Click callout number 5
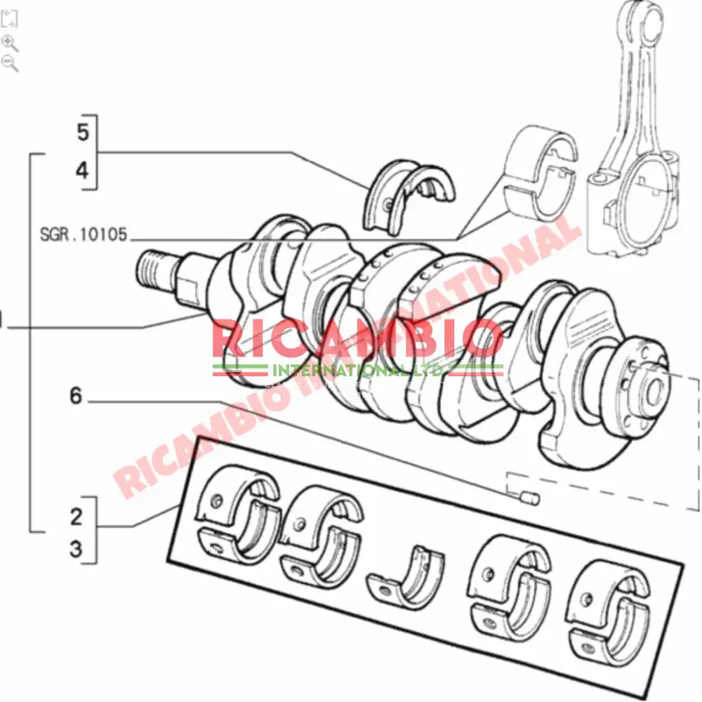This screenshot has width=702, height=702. tap(84, 131)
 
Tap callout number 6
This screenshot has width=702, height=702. tap(75, 397)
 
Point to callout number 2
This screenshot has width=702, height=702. tap(76, 517)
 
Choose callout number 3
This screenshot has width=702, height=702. tap(76, 550)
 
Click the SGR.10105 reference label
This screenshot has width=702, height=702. tap(84, 234)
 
